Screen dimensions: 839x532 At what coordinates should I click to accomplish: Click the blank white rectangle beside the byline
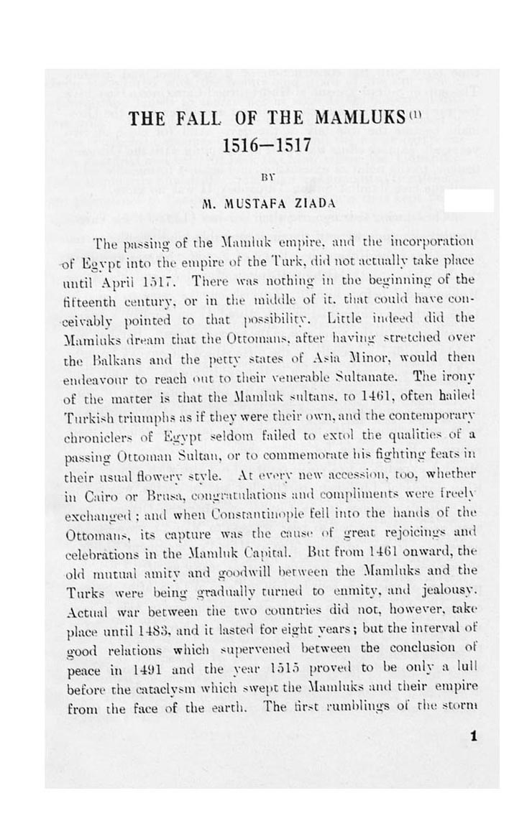tap(469, 201)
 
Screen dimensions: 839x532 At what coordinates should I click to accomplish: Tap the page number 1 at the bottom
tap(472, 736)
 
